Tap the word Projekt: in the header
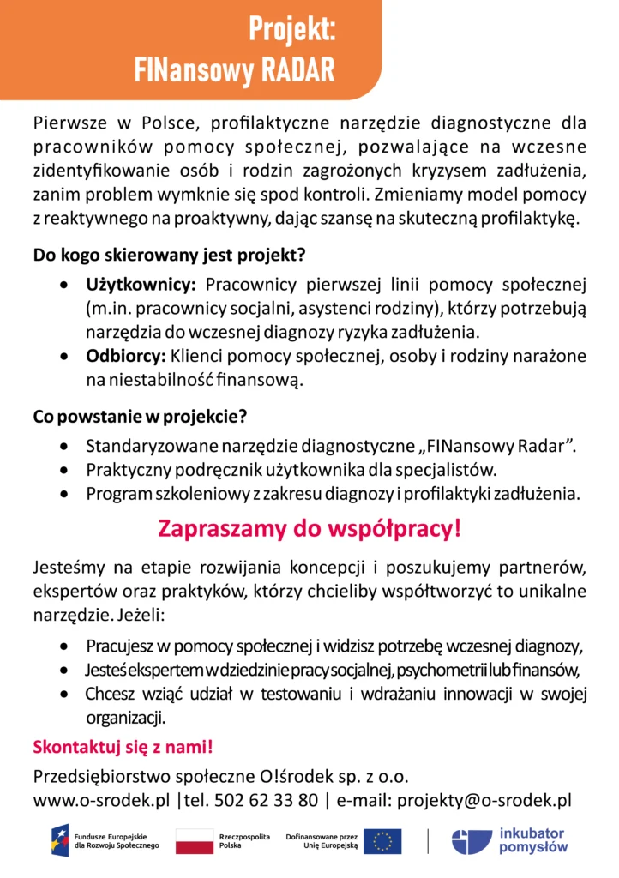click(291, 29)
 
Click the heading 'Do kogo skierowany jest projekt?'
click(170, 255)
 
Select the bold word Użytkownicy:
click(141, 284)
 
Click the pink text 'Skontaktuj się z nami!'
click(123, 747)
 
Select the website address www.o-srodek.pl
click(101, 801)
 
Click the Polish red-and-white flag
click(194, 841)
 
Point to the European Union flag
click(382, 841)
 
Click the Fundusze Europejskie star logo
click(60, 840)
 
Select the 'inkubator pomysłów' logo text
click(532, 840)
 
